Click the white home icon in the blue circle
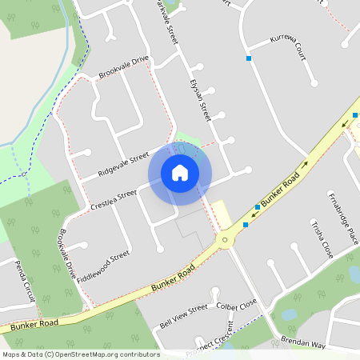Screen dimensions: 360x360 [180, 173]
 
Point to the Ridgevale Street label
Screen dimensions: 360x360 [123, 163]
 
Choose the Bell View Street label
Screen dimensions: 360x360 [183, 316]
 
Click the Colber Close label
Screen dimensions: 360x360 [236, 305]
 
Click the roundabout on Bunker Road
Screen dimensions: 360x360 [226, 238]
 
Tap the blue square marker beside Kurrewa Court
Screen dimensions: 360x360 [249, 58]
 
